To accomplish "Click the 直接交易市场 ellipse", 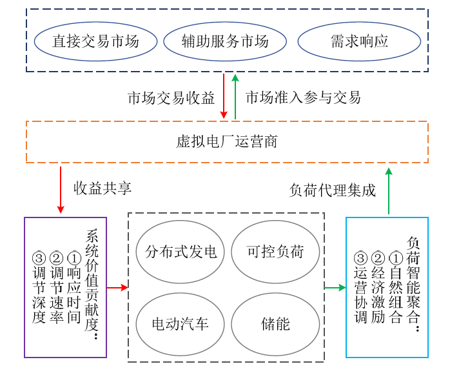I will (x=95, y=42).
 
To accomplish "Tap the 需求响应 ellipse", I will (x=359, y=42).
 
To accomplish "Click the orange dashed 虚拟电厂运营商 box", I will (x=227, y=141).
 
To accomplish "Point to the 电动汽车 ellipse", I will (x=181, y=323).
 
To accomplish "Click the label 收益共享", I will (x=103, y=188).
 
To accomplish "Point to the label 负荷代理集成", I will (x=332, y=190).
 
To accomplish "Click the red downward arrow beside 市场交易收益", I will (x=224, y=96).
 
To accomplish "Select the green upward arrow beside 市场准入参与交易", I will (x=236, y=96).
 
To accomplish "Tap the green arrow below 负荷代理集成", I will (x=389, y=190).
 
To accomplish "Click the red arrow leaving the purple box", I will (x=117, y=287).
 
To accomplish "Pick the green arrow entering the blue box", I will (x=335, y=287).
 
